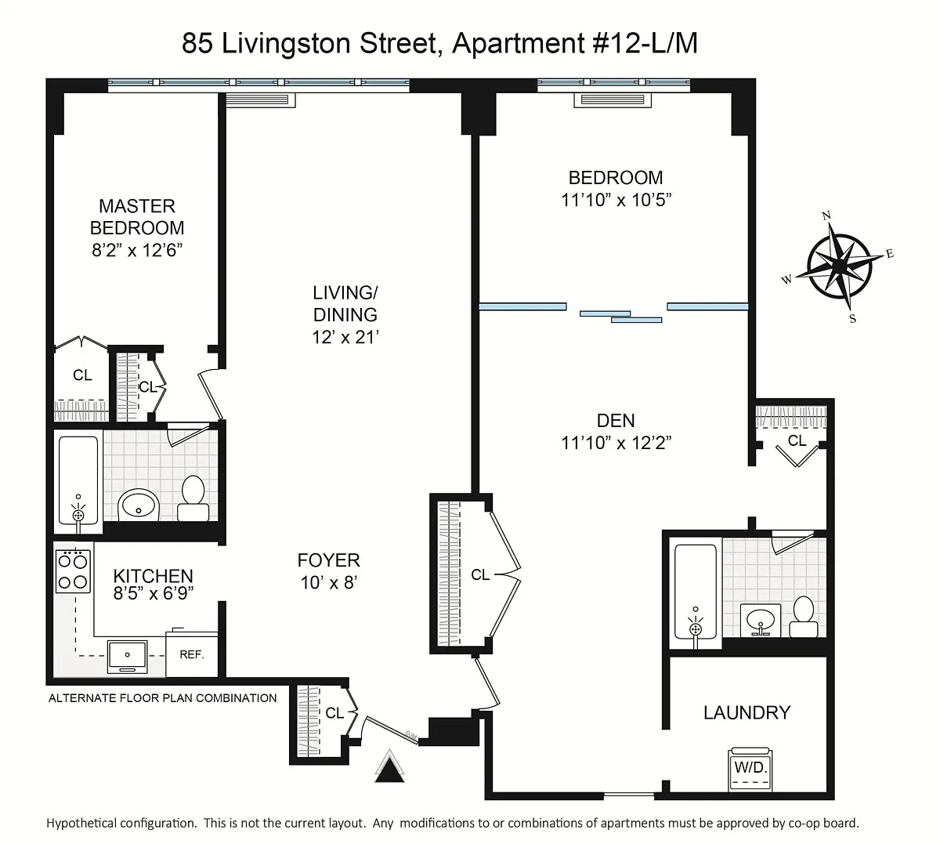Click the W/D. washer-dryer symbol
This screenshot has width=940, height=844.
tap(750, 768)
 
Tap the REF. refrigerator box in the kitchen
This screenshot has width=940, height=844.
tap(192, 654)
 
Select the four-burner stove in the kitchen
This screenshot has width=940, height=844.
tap(74, 571)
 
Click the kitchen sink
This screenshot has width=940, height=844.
tap(127, 657)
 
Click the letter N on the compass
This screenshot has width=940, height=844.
tap(826, 216)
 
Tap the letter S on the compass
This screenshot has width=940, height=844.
tap(852, 319)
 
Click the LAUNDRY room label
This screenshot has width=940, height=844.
tap(747, 712)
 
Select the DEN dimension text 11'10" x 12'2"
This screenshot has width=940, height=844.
tap(616, 443)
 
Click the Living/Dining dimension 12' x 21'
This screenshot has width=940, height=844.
tap(345, 337)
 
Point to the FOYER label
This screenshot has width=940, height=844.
tap(328, 560)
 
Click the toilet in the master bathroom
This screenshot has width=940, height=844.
tap(193, 498)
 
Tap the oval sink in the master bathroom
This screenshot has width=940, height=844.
tap(139, 505)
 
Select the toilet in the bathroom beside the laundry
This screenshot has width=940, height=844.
tap(804, 617)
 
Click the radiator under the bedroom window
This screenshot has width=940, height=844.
tap(613, 100)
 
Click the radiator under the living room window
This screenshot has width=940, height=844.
tap(260, 100)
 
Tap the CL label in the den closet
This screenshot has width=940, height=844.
tap(797, 440)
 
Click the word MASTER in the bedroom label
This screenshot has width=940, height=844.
tap(137, 206)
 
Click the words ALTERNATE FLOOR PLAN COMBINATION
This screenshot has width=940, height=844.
tap(162, 698)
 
